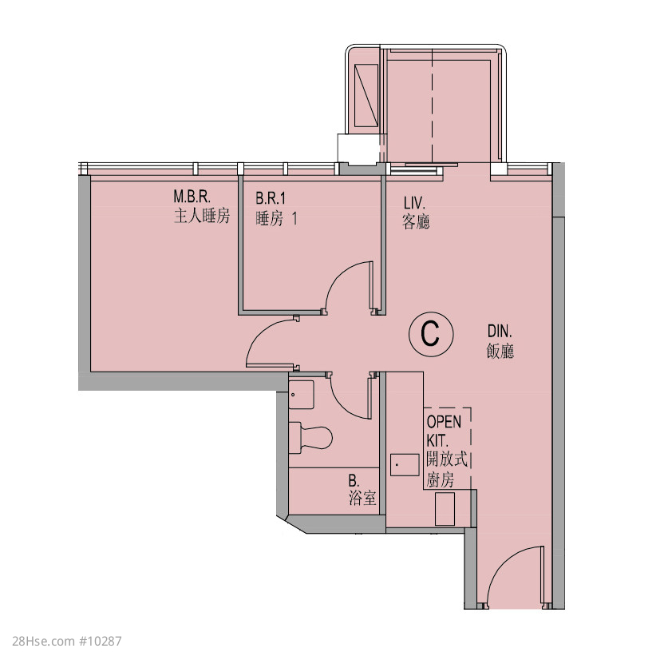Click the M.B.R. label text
(x=192, y=197)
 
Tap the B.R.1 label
(x=271, y=198)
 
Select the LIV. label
(x=414, y=202)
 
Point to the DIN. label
(x=500, y=331)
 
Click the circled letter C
(x=431, y=334)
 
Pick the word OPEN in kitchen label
(x=444, y=422)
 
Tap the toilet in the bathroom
(x=310, y=438)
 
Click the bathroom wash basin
(x=302, y=395)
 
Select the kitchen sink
(x=405, y=465)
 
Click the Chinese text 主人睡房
(x=202, y=217)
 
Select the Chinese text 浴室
(x=362, y=498)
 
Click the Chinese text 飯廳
(x=500, y=351)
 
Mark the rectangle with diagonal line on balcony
(x=366, y=95)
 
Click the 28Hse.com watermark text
(x=67, y=641)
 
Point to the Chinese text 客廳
(x=416, y=221)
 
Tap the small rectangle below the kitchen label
(x=445, y=509)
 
